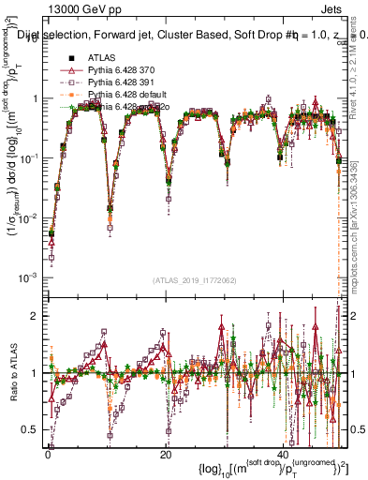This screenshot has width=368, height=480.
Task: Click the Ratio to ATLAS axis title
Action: pyautogui.click(x=12, y=372)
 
